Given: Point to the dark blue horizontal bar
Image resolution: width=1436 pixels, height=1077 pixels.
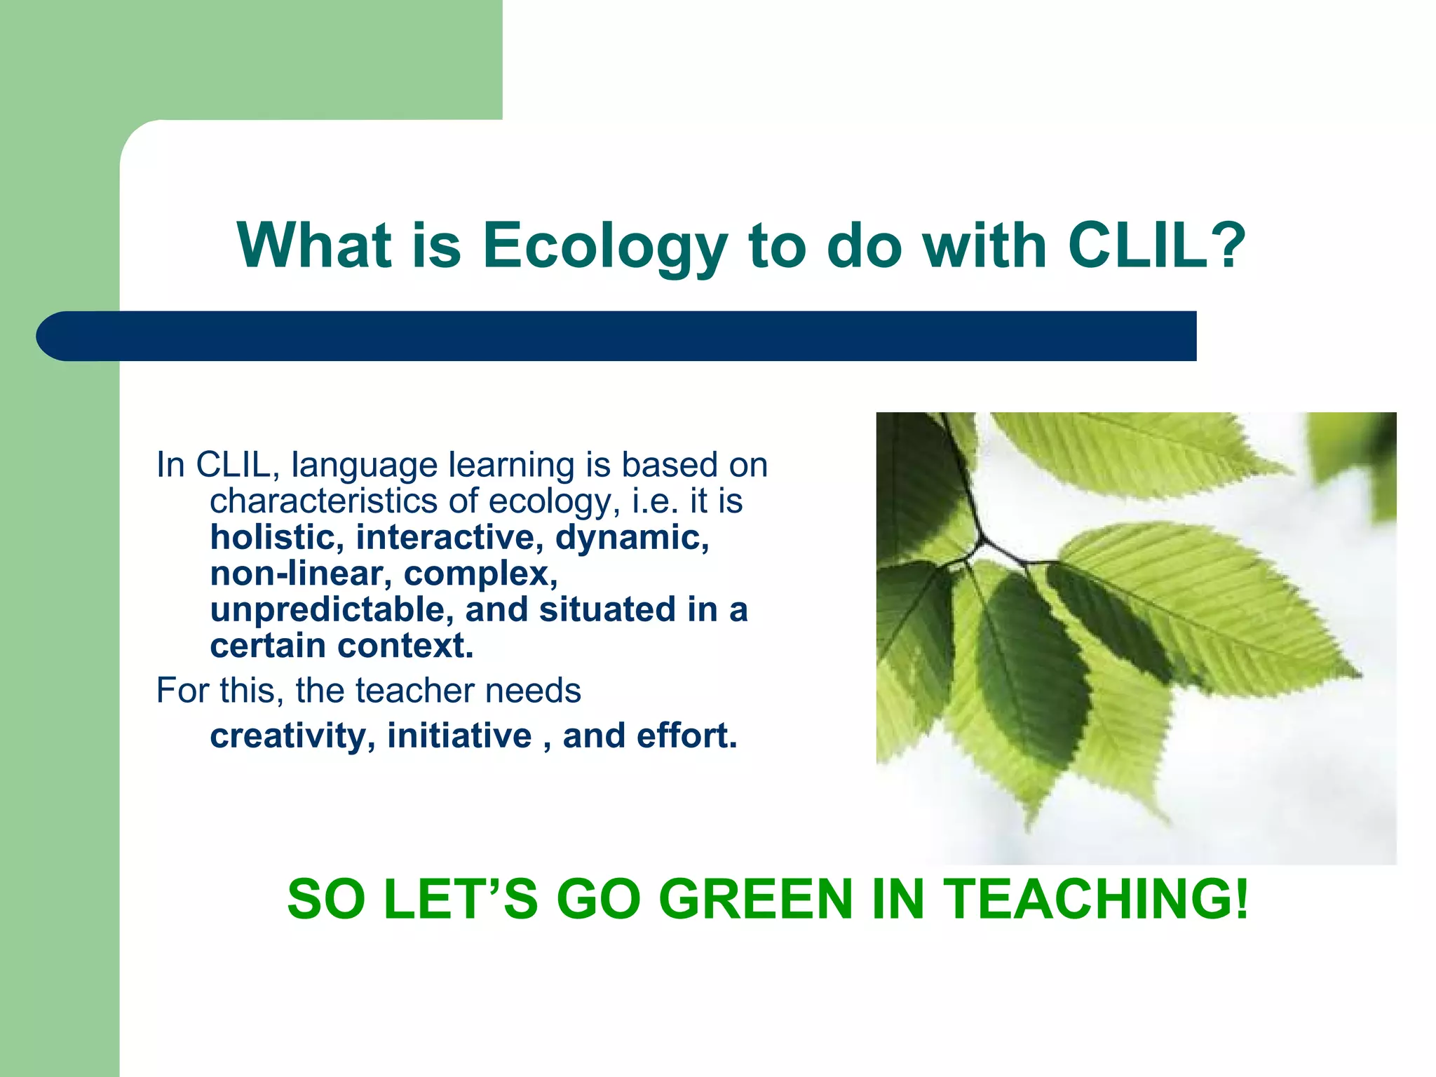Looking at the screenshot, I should pos(617,336).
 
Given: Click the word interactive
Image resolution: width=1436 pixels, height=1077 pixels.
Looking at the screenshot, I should pos(449,538).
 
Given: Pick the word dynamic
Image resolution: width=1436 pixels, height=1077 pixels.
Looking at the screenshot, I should pos(631,538).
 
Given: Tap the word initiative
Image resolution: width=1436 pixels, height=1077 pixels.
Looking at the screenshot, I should pos(459,736).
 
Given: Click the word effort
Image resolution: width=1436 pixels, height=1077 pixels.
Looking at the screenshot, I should pos(686,736).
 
